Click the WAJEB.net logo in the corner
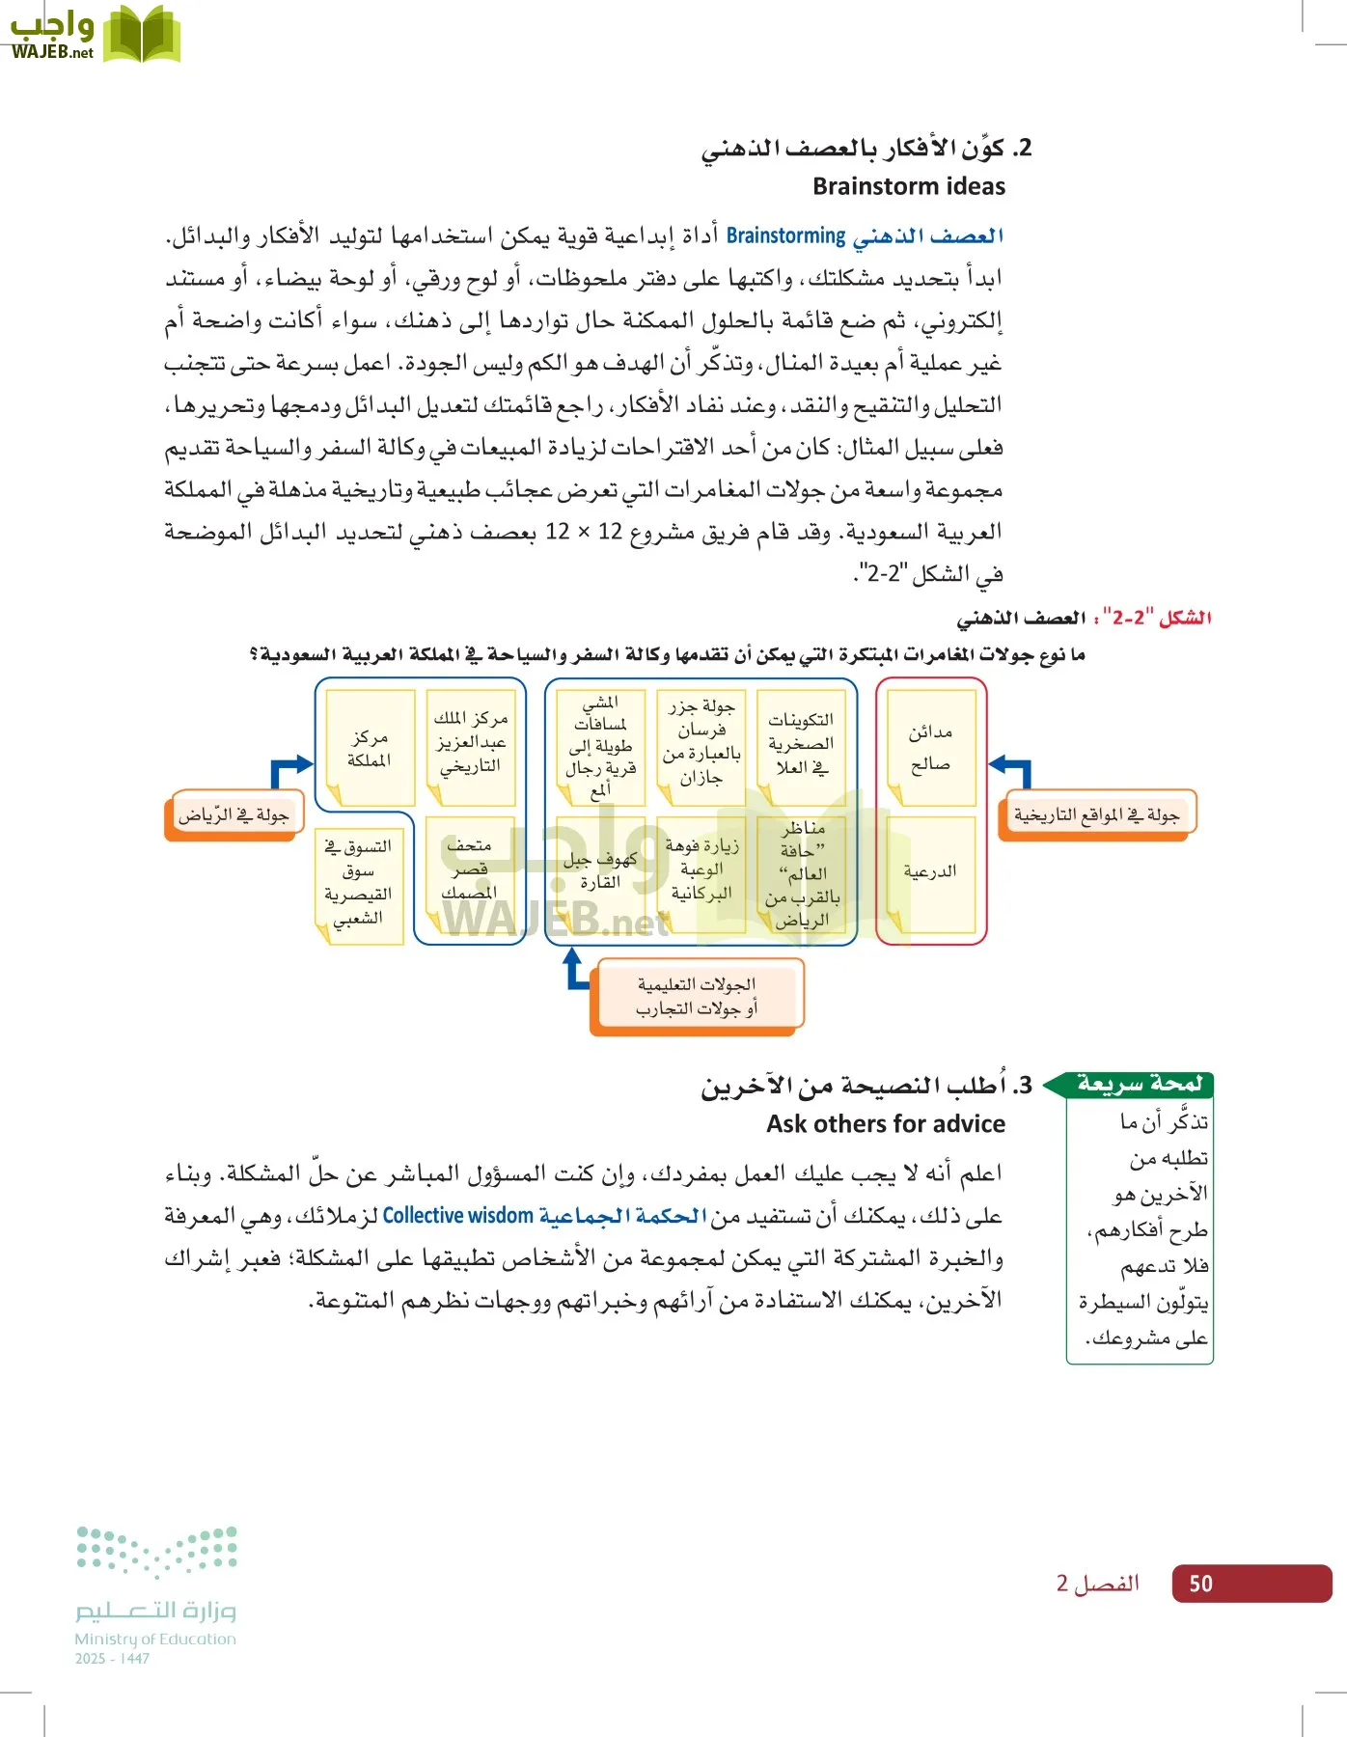click(x=95, y=34)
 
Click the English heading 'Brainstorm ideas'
click(x=908, y=186)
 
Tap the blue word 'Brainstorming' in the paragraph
click(x=785, y=236)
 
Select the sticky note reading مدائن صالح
click(x=930, y=748)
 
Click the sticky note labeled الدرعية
click(x=930, y=872)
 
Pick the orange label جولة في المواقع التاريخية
click(x=1096, y=815)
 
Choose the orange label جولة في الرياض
click(x=234, y=815)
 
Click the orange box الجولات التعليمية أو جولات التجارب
click(x=697, y=997)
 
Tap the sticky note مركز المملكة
click(x=370, y=748)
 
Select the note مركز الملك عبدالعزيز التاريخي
click(x=470, y=743)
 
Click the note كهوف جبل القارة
click(x=600, y=870)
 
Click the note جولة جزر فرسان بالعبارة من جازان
click(x=701, y=743)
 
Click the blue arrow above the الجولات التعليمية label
click(x=575, y=971)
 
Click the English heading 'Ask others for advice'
click(x=885, y=1124)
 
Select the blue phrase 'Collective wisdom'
click(x=457, y=1216)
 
